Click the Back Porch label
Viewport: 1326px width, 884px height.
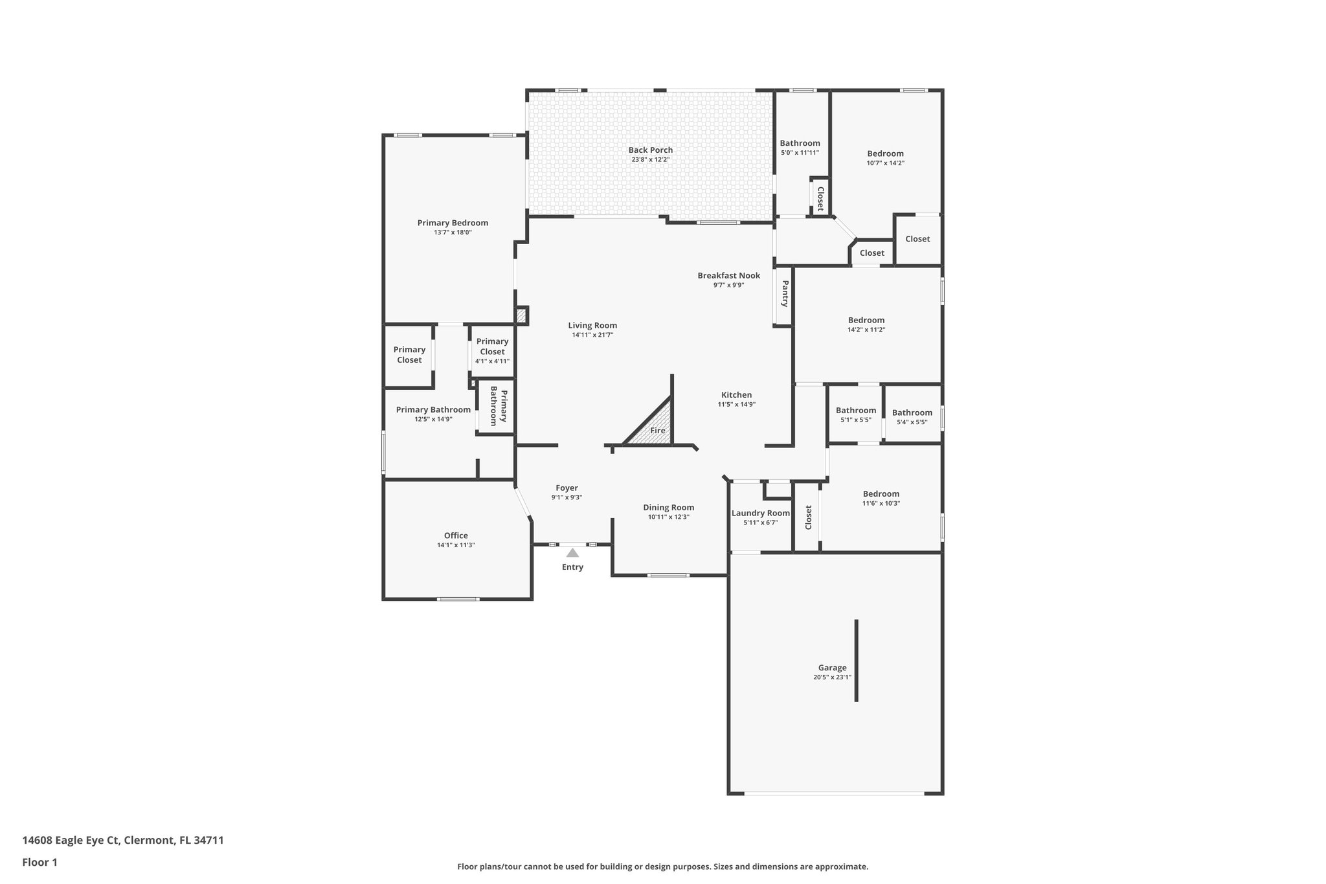pyautogui.click(x=650, y=150)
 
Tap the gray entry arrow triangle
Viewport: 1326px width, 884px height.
pyautogui.click(x=572, y=552)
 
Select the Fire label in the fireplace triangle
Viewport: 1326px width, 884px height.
pyautogui.click(x=657, y=431)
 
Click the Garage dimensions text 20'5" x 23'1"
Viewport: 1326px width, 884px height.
pyautogui.click(x=832, y=677)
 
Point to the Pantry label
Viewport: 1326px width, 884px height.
pyautogui.click(x=785, y=293)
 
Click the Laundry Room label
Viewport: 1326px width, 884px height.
pyautogui.click(x=760, y=513)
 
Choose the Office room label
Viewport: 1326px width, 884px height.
pyautogui.click(x=456, y=536)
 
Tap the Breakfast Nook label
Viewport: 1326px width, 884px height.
pyautogui.click(x=728, y=275)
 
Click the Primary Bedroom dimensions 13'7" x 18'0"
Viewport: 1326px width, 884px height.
pyautogui.click(x=453, y=232)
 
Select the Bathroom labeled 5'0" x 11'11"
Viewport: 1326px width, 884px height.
pyautogui.click(x=800, y=143)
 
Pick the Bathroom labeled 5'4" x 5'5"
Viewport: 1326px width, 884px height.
pyautogui.click(x=912, y=413)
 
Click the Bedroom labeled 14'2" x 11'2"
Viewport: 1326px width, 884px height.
pyautogui.click(x=866, y=320)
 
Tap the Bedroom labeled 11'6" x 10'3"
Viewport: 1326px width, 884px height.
pyautogui.click(x=881, y=493)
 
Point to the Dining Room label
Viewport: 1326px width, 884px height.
pyautogui.click(x=668, y=507)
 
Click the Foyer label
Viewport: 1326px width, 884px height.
pyautogui.click(x=567, y=488)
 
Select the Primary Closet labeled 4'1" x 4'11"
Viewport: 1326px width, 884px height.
pyautogui.click(x=492, y=346)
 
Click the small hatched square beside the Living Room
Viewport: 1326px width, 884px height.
pyautogui.click(x=521, y=316)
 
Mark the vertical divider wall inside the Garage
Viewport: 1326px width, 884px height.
pyautogui.click(x=856, y=661)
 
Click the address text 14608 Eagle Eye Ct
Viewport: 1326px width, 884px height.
pyautogui.click(x=71, y=841)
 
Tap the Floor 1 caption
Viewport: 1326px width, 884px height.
pyautogui.click(x=39, y=863)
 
